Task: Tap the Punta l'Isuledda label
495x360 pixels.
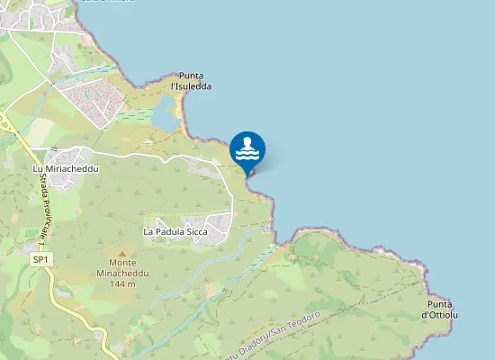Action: click(191, 81)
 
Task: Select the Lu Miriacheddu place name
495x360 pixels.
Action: click(65, 168)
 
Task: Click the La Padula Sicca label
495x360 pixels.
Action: click(176, 231)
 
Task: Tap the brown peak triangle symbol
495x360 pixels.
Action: click(121, 255)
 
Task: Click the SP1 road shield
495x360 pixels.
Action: click(40, 260)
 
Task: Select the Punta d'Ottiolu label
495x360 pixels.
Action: click(440, 309)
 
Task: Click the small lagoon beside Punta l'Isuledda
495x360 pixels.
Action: click(166, 113)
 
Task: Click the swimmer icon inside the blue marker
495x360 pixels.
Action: click(247, 145)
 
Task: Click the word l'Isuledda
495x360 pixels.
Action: click(191, 86)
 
